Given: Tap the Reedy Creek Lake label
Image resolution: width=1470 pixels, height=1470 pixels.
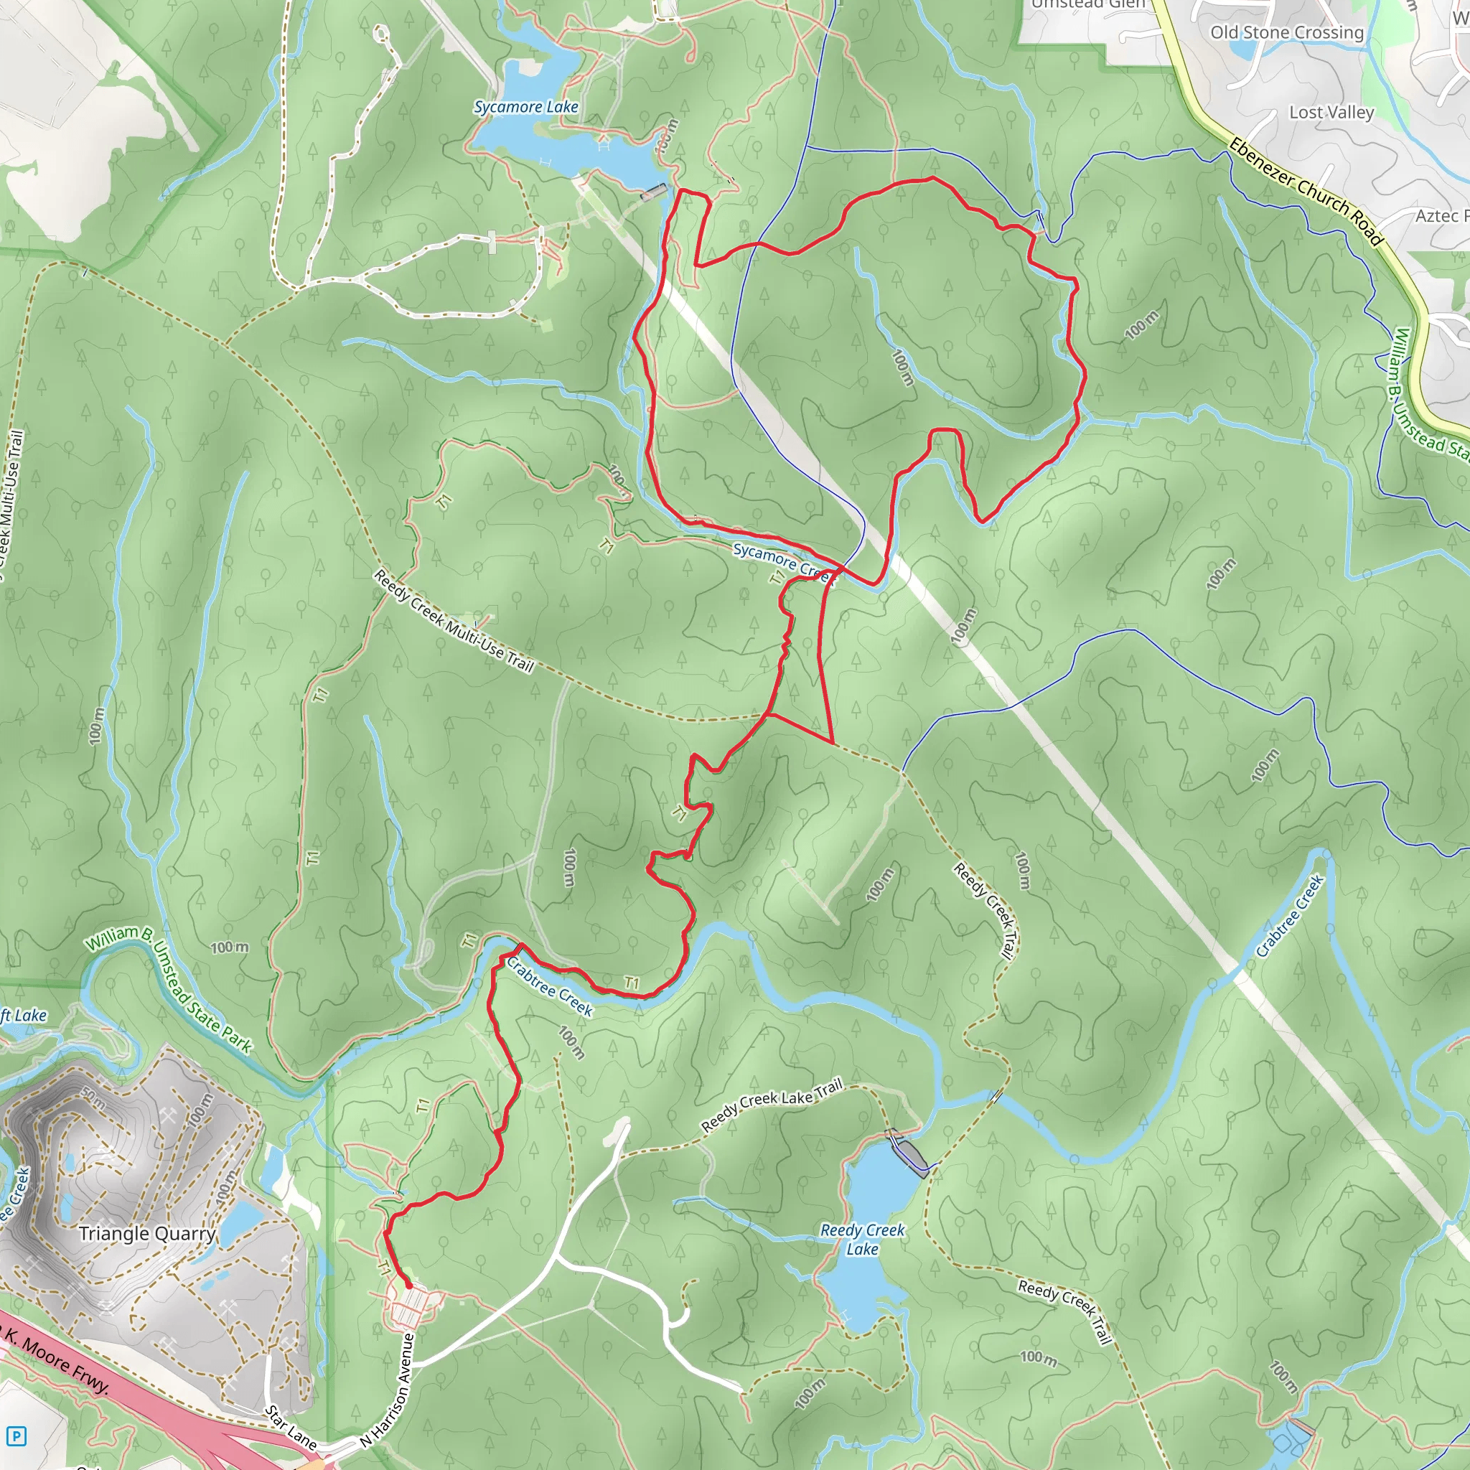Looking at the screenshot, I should click(862, 1239).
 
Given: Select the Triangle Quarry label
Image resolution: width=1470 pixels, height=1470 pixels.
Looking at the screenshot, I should click(148, 1233).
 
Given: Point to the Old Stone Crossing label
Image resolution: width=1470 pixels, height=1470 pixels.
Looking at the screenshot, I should click(1287, 33).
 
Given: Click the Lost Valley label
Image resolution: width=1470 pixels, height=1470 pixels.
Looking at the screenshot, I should click(1331, 113).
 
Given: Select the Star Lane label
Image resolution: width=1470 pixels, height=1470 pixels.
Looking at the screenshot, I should click(291, 1428).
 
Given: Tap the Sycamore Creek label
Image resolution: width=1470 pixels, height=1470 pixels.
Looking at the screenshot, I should click(784, 561).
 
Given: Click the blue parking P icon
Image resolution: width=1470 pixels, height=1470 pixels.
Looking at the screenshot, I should click(16, 1436).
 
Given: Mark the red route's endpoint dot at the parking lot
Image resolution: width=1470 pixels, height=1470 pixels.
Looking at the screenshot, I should click(408, 1285).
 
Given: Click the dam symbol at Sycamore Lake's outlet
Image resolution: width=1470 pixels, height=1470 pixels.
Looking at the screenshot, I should click(653, 192).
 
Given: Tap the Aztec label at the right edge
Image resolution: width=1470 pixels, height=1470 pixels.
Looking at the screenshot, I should click(1441, 216).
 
